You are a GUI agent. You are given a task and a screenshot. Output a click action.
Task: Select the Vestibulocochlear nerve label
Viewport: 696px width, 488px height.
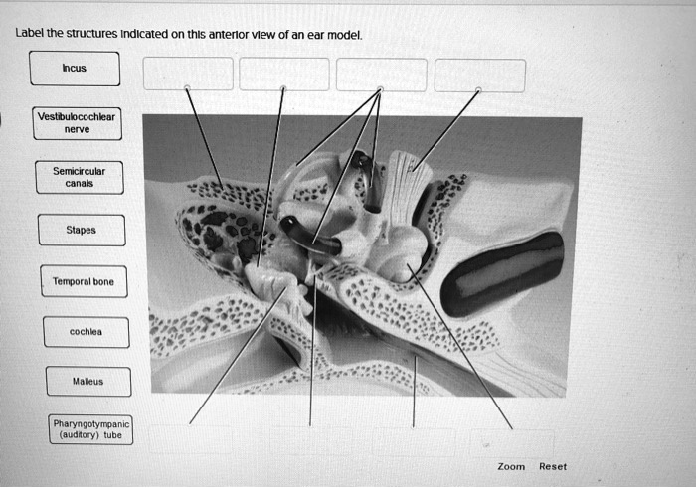pos(77,122)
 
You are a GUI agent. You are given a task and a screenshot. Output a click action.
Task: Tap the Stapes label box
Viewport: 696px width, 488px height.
pos(82,230)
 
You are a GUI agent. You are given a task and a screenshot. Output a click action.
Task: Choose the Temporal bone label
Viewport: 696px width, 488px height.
pos(83,281)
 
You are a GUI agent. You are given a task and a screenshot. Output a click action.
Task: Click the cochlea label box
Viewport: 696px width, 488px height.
pos(86,332)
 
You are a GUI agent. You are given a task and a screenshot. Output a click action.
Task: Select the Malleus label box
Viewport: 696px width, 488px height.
pos(87,381)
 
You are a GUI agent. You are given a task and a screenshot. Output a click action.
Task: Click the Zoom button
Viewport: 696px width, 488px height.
pos(511,466)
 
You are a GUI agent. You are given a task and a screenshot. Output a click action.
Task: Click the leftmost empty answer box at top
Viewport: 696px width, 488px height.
pos(188,75)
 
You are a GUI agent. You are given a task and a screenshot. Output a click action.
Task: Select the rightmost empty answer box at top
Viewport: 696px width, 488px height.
pos(480,75)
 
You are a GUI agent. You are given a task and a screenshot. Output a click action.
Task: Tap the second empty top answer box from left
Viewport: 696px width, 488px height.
pos(284,75)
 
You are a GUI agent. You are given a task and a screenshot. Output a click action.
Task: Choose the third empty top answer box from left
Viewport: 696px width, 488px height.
pos(382,75)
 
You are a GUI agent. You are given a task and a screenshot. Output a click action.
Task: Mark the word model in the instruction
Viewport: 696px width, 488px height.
pos(343,34)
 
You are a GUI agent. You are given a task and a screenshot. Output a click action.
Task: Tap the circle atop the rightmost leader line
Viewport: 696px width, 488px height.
pos(479,90)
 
